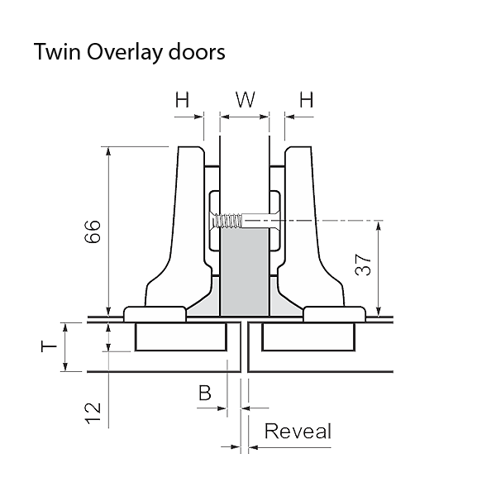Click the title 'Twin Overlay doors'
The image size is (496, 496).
point(129,52)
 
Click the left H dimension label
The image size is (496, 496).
point(182,101)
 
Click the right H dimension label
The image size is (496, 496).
point(306,101)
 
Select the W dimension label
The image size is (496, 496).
point(245,101)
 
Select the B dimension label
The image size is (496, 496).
point(204,392)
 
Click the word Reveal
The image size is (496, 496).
point(298,431)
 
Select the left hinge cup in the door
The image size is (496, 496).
point(182,336)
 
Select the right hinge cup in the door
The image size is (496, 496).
point(307,336)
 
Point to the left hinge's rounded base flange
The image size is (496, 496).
point(155,313)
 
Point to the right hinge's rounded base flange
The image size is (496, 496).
point(334,313)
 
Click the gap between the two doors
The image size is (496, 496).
point(245,347)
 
